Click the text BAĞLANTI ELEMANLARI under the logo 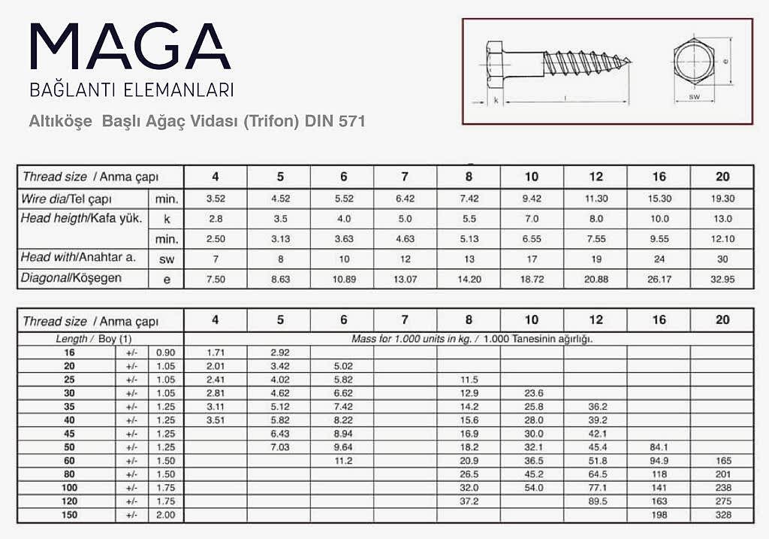coord(131,90)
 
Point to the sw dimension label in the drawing coord(695,97)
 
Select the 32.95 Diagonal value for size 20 coord(722,279)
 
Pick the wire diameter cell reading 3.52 coord(216,198)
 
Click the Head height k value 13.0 coord(722,219)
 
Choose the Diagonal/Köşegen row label coord(71,278)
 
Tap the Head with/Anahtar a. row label coord(78,257)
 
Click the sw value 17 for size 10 coord(532,258)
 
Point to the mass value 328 coord(722,514)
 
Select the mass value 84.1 coord(659,447)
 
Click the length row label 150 coord(70,514)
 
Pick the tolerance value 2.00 coord(164,514)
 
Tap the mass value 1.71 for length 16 coord(216,353)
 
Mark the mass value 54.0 coord(532,488)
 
